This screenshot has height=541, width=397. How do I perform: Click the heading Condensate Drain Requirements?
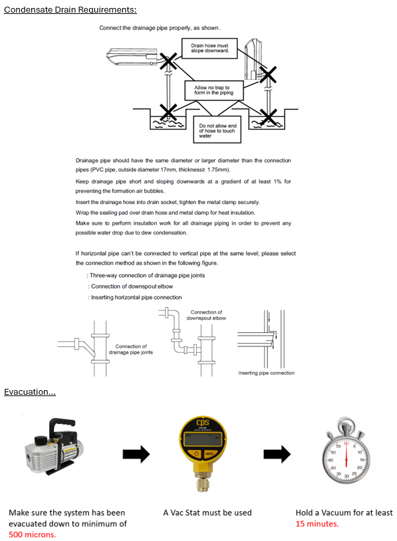click(x=70, y=10)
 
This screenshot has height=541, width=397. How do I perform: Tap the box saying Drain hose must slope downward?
click(x=209, y=49)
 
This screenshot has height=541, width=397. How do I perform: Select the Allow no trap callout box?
click(x=214, y=90)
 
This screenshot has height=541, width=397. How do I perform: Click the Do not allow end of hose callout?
click(x=217, y=130)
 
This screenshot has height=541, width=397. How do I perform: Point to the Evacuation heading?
click(x=30, y=392)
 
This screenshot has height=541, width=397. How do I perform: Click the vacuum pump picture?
click(x=55, y=446)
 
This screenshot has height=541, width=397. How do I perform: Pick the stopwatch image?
click(x=346, y=452)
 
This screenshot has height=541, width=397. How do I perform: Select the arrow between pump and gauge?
click(x=136, y=454)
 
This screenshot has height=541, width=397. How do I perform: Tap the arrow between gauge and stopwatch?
click(x=277, y=454)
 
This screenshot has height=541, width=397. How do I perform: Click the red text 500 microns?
click(x=32, y=534)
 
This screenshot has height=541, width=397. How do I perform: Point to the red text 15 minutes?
click(x=317, y=524)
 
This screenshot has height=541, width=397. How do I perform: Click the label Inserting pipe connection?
click(x=267, y=373)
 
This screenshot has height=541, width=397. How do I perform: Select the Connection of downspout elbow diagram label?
click(x=206, y=315)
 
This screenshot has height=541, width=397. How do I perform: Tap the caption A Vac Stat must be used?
click(x=207, y=512)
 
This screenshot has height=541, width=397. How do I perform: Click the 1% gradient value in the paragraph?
click(x=277, y=181)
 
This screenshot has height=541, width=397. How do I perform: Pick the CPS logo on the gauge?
click(x=203, y=422)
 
